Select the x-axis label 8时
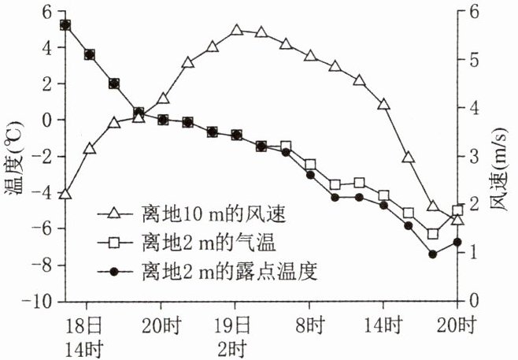coord(310,325)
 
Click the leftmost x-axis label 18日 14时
coord(84,336)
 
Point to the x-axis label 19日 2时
coord(235,336)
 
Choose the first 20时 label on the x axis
coord(161,325)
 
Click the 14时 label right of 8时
coord(383,325)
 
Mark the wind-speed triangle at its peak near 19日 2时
coord(236,31)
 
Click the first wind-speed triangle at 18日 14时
coord(65,194)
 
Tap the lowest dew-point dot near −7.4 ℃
coord(433,254)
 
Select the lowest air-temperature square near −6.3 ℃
coord(433,234)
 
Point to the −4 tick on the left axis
coord(37,193)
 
